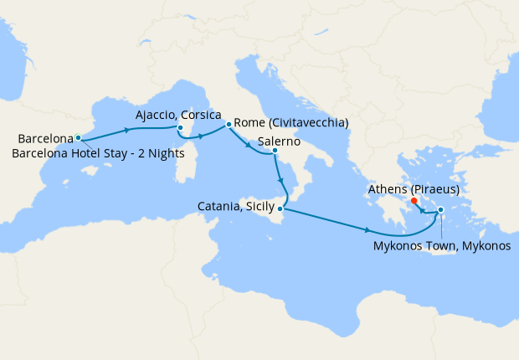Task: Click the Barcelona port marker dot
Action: pyautogui.click(x=78, y=137)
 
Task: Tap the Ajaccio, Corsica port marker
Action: pyautogui.click(x=180, y=128)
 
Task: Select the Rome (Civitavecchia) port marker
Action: pyautogui.click(x=228, y=124)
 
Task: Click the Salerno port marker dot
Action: pyautogui.click(x=275, y=151)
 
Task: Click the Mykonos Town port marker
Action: pyautogui.click(x=440, y=221)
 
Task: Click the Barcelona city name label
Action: pyautogui.click(x=45, y=138)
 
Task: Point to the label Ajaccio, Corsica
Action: pyautogui.click(x=178, y=115)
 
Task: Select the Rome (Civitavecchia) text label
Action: pyautogui.click(x=291, y=123)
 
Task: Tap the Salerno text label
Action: pyautogui.click(x=280, y=141)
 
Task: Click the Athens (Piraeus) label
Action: pyautogui.click(x=414, y=190)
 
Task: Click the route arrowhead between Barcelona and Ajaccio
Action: pyautogui.click(x=127, y=130)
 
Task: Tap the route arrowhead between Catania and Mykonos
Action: pyautogui.click(x=368, y=230)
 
